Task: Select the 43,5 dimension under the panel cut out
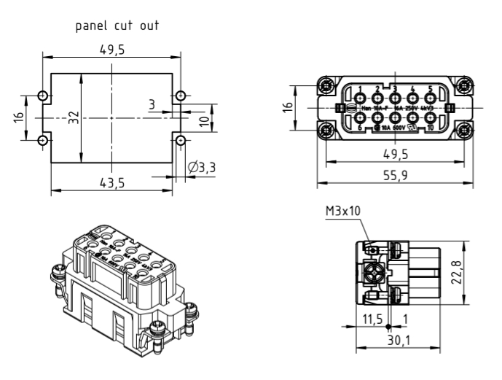click(x=111, y=182)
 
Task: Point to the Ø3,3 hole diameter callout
click(x=202, y=168)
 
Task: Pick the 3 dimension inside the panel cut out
click(x=152, y=105)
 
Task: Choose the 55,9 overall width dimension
click(x=395, y=175)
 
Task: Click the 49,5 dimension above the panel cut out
click(x=111, y=50)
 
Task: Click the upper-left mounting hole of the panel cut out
click(x=43, y=96)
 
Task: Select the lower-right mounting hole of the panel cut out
click(x=180, y=139)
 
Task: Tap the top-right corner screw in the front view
click(x=464, y=87)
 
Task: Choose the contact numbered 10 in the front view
click(x=430, y=120)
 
